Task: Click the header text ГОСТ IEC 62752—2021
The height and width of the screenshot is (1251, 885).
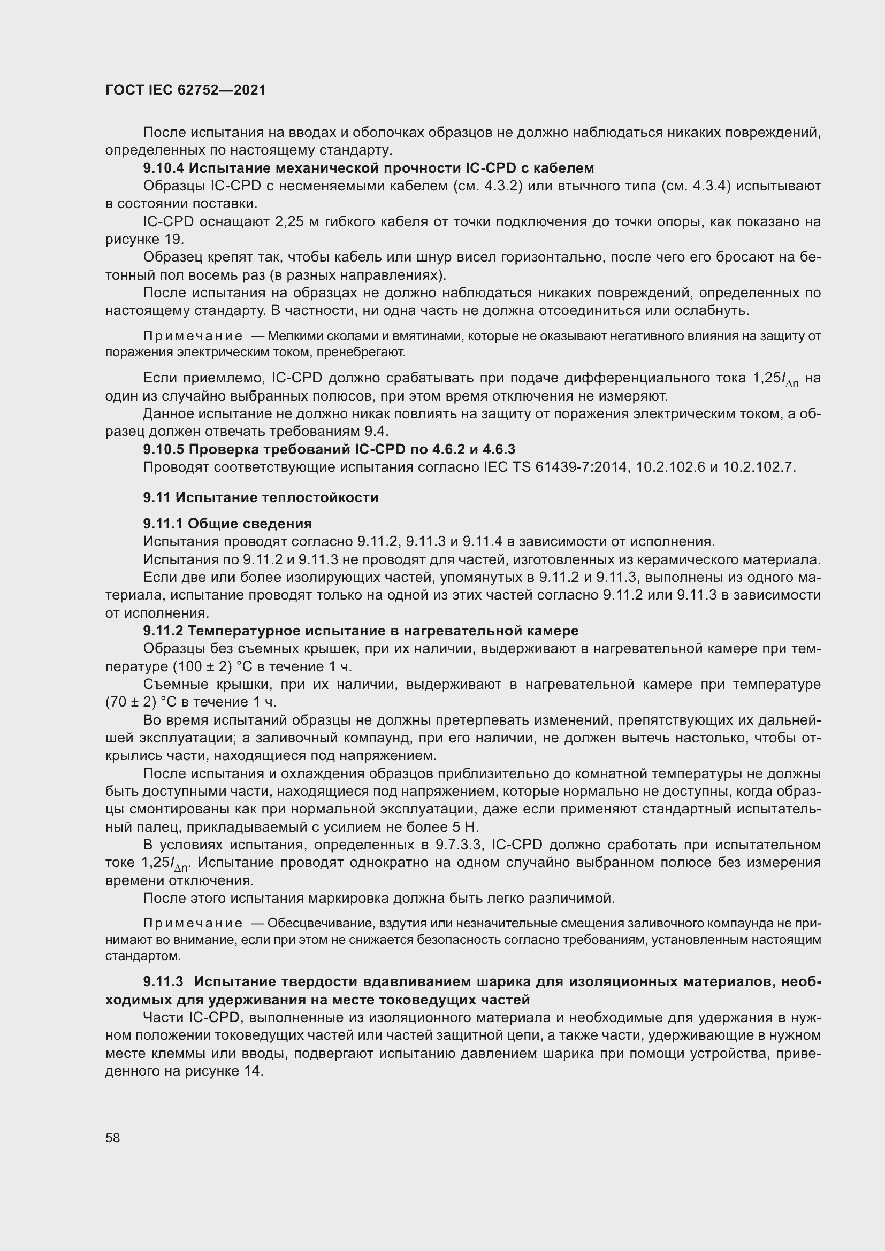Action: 185,90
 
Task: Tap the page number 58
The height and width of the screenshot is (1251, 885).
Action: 113,1138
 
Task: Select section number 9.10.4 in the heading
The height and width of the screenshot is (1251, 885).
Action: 164,168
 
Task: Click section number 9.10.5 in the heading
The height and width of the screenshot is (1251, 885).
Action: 164,449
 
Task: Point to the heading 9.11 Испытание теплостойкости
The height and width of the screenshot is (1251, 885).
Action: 261,497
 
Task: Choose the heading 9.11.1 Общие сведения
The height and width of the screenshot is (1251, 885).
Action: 227,524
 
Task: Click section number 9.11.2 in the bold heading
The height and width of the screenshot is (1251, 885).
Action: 164,631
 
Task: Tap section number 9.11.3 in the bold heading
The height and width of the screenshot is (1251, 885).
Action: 164,981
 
